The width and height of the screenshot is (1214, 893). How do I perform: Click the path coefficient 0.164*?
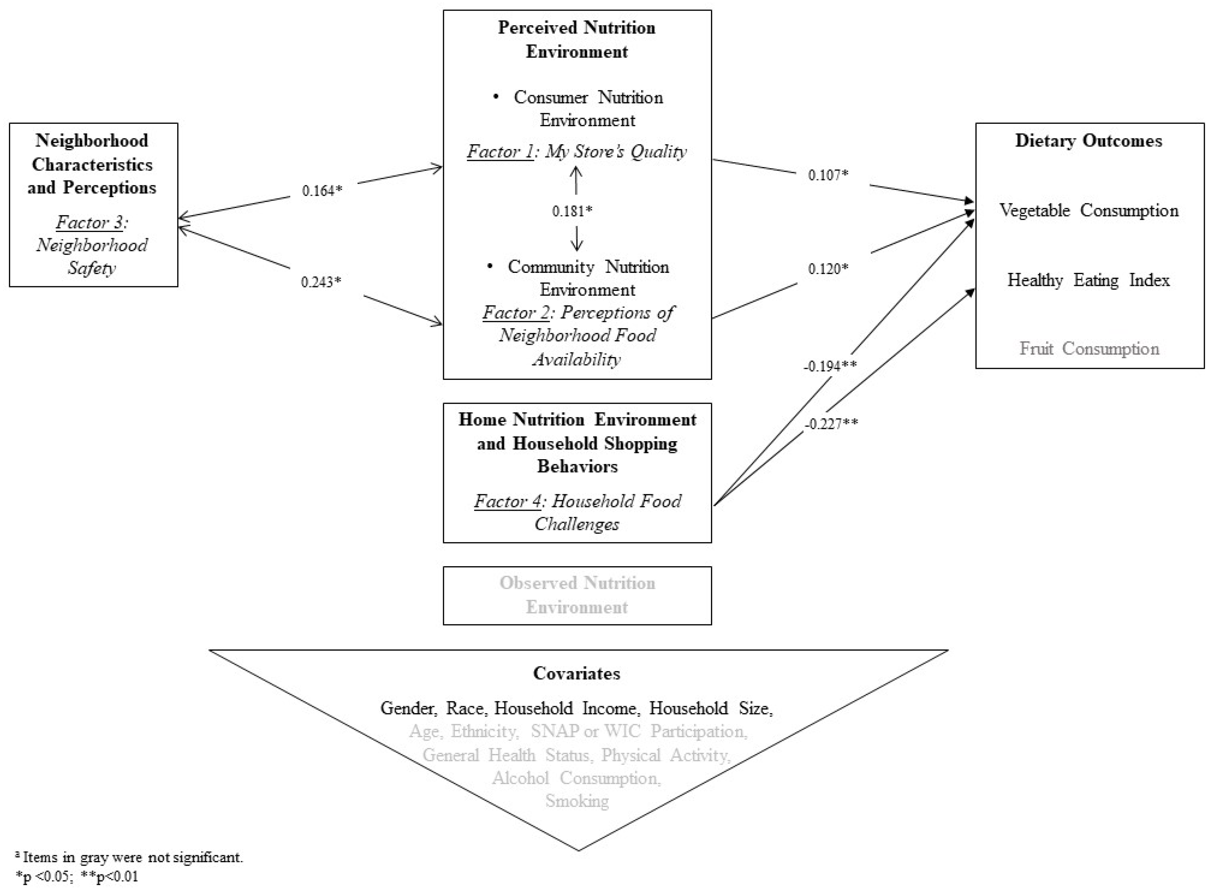322,191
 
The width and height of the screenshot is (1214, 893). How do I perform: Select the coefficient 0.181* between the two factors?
572,211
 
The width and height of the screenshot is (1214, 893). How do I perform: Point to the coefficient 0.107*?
828,175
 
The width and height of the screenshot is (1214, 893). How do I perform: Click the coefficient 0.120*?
828,269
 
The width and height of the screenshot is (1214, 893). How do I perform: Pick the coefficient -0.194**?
830,367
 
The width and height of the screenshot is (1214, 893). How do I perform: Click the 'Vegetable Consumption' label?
1089,210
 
